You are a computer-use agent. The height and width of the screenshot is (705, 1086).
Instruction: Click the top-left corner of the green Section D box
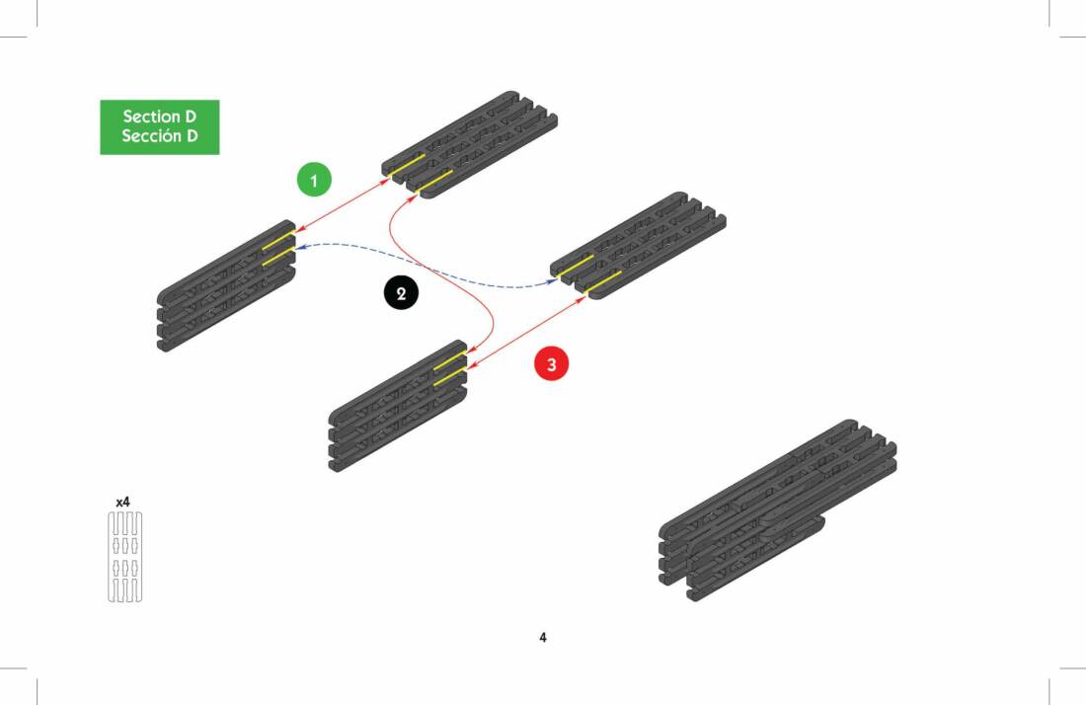101,101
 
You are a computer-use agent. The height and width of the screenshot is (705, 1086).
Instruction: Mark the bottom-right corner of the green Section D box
219,154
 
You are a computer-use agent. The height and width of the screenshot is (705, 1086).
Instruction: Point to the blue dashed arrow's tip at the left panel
296,247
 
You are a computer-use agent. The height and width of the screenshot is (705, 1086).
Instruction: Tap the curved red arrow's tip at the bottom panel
469,353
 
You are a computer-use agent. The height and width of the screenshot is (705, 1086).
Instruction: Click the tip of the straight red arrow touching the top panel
390,180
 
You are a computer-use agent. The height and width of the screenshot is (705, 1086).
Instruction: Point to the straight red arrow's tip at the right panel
585,296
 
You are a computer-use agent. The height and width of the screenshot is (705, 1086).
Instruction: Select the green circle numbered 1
314,180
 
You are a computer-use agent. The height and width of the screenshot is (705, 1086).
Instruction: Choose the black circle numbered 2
401,293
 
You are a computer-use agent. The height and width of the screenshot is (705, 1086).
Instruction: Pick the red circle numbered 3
551,364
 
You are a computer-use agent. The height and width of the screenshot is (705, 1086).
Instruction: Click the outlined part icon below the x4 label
125,557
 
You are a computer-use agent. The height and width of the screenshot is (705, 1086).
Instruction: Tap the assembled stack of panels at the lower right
777,509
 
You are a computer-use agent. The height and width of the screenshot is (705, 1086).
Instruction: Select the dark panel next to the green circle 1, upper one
470,145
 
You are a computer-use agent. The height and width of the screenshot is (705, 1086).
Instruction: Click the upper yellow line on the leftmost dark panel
278,240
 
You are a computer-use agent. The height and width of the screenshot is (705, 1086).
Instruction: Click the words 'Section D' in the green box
160,117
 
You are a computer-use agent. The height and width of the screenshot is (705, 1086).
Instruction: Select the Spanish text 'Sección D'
160,135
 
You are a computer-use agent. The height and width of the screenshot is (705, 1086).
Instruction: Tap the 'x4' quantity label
122,502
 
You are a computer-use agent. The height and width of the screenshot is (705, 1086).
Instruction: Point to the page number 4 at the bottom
543,637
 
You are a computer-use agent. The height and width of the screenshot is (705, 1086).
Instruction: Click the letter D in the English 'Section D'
191,117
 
